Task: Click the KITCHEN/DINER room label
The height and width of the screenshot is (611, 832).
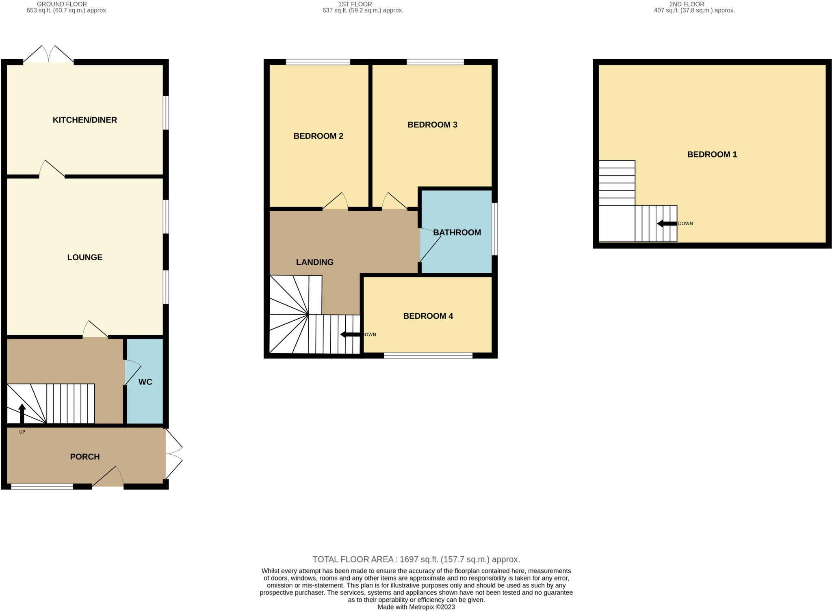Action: pos(84,120)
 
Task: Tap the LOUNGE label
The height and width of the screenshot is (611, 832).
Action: pos(84,257)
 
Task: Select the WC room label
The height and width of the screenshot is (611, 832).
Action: pos(145,382)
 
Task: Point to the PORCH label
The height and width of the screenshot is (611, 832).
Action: pos(84,457)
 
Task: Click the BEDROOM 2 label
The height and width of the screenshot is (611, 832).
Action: pos(318,136)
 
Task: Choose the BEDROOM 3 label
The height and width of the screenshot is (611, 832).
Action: pos(432,125)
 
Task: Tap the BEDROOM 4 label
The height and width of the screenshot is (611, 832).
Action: pos(428,316)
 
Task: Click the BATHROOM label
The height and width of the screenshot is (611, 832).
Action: pos(457,233)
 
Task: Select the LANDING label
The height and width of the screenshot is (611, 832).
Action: pos(314,262)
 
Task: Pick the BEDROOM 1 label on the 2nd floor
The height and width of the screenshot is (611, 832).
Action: pos(712,154)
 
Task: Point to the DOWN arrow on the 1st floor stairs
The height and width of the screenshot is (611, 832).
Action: pos(350,335)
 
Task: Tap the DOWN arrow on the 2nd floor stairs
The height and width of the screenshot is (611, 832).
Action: pos(667,223)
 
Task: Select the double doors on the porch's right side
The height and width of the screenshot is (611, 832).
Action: pos(174,455)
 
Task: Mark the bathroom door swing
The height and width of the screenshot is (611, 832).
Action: pos(430,246)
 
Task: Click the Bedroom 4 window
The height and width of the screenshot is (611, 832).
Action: pos(428,356)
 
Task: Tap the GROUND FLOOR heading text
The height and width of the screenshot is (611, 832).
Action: pos(62,4)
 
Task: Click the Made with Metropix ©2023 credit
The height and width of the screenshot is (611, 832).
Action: pos(416,607)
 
